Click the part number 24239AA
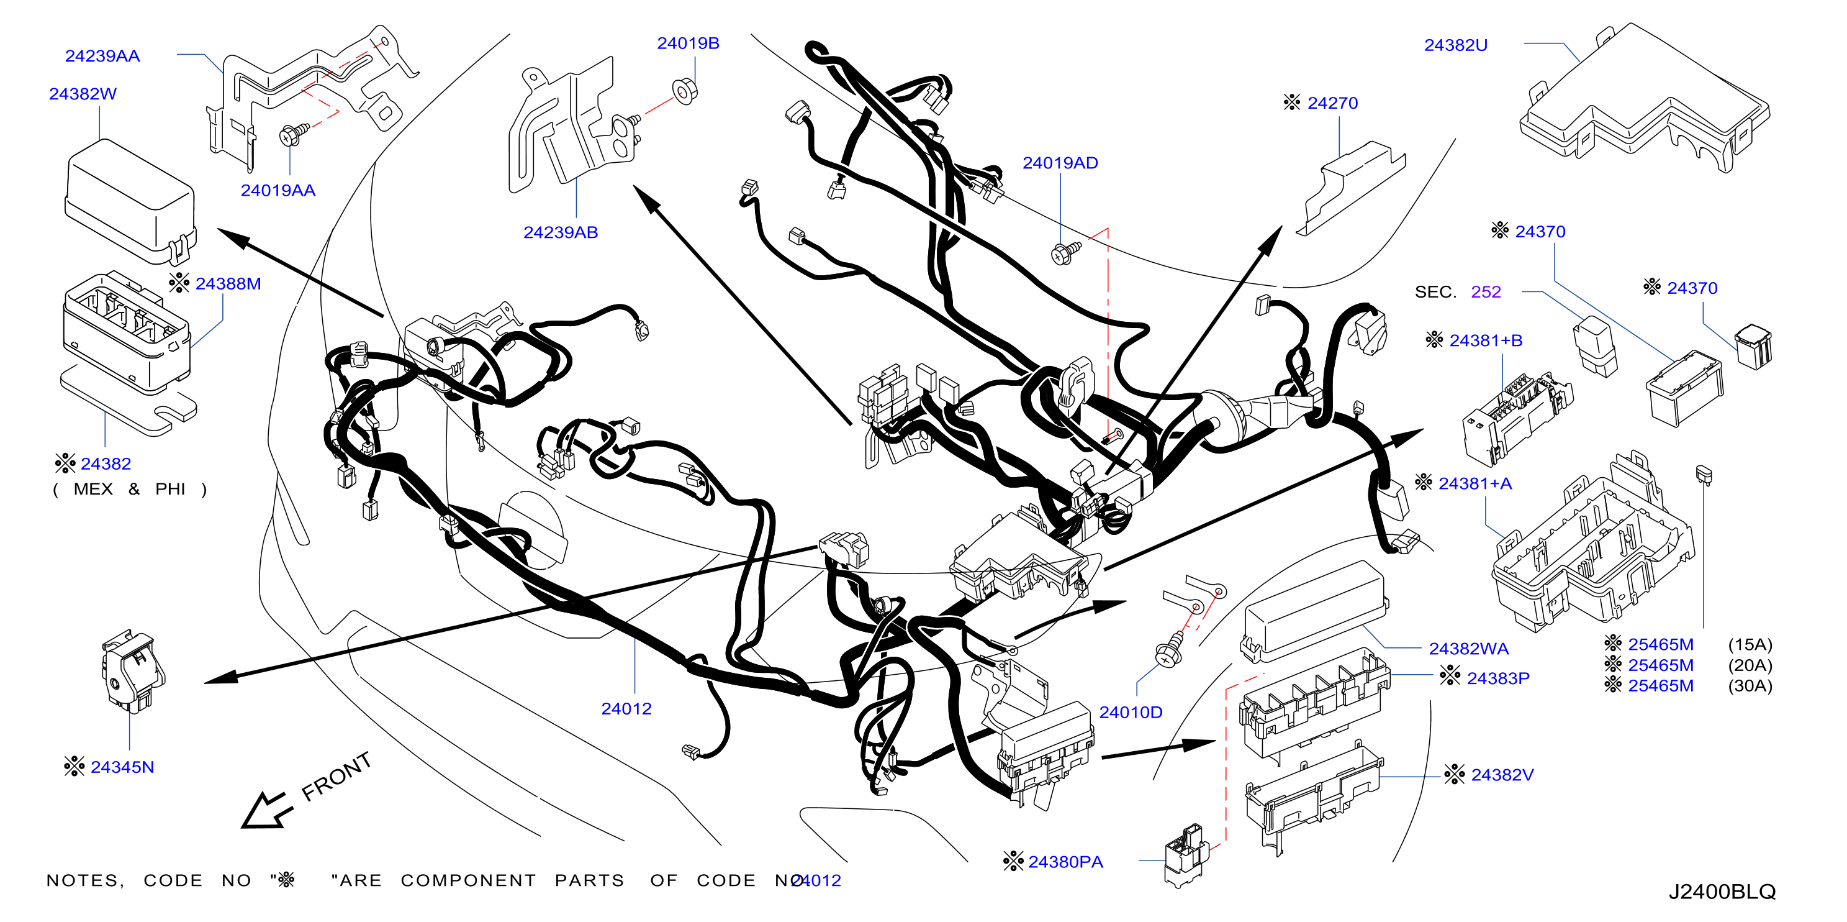[x=102, y=56]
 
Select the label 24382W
[x=83, y=94]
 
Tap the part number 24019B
[x=689, y=43]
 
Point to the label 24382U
[x=1455, y=45]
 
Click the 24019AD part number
[x=1060, y=163]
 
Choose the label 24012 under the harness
[x=626, y=709]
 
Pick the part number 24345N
[x=122, y=767]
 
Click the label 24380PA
[x=1065, y=862]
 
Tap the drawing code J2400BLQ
[x=1722, y=892]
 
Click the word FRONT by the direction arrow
[x=336, y=777]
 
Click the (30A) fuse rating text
[x=1750, y=686]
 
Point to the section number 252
[x=1486, y=292]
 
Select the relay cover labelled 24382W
[x=130, y=203]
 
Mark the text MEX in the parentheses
[x=93, y=490]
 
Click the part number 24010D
[x=1131, y=713]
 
